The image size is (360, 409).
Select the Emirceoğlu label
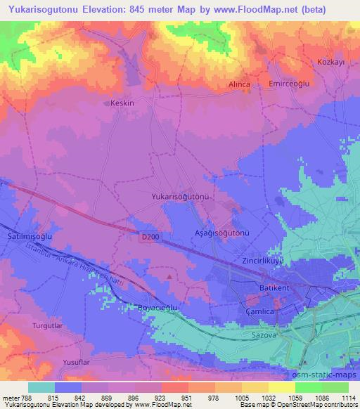pos(290,83)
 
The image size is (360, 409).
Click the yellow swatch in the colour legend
pos(281,387)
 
